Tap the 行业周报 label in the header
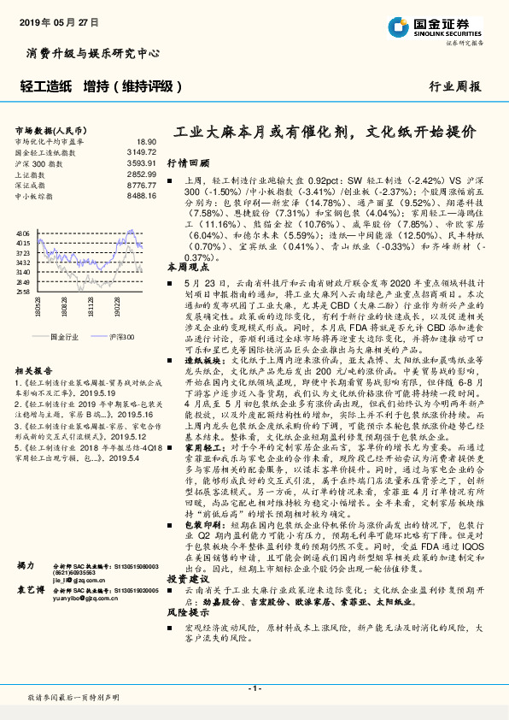point(455,86)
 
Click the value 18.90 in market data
point(146,141)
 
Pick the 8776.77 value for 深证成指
point(142,185)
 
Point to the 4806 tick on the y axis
point(23,233)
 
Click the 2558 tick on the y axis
point(23,292)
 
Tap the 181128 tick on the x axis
point(91,305)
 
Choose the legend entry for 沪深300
point(121,337)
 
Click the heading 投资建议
point(188,579)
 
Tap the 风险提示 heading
point(188,613)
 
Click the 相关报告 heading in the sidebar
point(35,372)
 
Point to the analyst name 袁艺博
point(29,590)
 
